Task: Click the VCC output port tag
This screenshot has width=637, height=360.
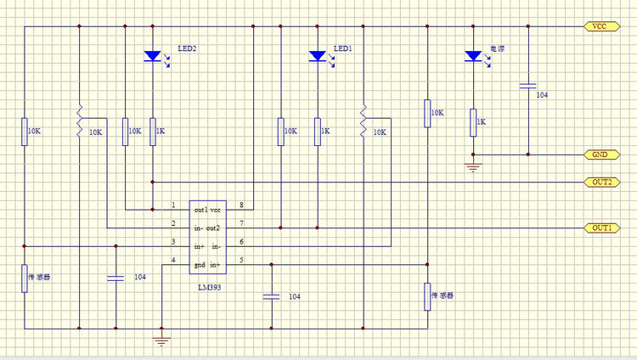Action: coord(599,26)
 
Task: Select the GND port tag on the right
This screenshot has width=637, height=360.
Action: coord(599,155)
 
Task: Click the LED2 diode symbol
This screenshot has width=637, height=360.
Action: coord(153,56)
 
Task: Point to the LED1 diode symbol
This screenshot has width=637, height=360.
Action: coord(318,56)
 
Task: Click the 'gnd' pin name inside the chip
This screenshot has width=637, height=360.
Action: coord(200,265)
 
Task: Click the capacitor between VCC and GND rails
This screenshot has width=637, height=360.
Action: coord(527,86)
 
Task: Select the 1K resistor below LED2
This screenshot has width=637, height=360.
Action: coord(153,131)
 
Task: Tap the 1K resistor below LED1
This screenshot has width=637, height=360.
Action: coord(318,131)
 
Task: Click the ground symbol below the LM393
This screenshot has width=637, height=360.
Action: coord(161,341)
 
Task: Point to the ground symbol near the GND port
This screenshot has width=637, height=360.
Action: coord(474,167)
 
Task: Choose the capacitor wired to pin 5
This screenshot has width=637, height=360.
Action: coord(271,296)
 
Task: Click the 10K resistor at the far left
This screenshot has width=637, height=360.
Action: coord(25,131)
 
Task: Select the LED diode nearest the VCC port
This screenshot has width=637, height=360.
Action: coord(473,56)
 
